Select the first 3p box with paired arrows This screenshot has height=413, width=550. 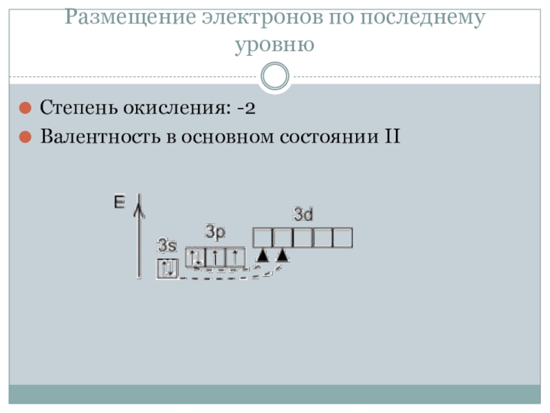coord(196,257)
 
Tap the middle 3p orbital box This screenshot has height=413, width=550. coord(215,257)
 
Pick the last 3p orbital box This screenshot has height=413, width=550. coord(235,257)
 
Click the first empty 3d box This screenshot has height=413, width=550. coord(263,237)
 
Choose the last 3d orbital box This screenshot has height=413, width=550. coord(342,237)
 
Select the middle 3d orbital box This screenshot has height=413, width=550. coord(303,237)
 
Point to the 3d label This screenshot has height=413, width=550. coord(303,215)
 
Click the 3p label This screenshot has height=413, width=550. coord(215,233)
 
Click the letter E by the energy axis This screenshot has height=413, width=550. coord(120,202)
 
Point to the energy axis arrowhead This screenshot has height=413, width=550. coord(139,202)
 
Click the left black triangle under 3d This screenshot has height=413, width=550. coord(262,255)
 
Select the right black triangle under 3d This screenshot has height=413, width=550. coord(281,255)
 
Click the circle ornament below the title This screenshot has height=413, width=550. coord(276,76)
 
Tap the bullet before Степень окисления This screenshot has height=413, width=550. coord(24,108)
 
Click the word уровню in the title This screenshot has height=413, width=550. coord(274,45)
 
